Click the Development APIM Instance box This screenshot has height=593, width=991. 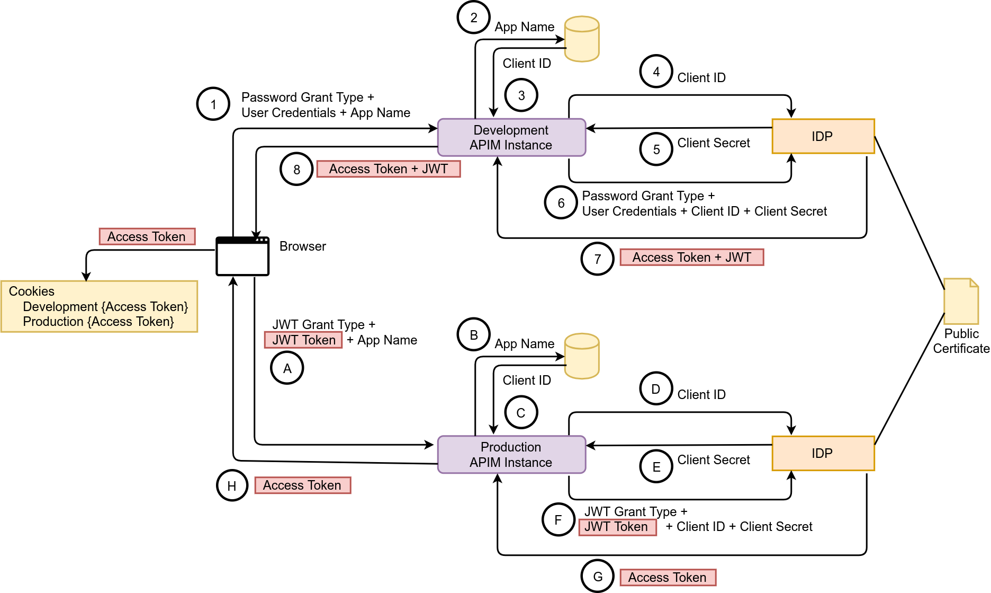(511, 137)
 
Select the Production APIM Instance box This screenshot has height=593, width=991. (511, 454)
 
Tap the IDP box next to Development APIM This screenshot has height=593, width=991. (823, 136)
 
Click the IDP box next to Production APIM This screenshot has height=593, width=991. (823, 453)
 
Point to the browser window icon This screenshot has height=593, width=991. (242, 256)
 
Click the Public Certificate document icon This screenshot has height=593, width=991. (961, 301)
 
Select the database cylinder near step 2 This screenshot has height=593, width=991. (582, 39)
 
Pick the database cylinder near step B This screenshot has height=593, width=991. (582, 356)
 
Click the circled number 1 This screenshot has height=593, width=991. (213, 104)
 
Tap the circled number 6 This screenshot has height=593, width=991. (561, 202)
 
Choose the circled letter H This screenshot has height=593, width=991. (232, 485)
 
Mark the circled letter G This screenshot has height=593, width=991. (598, 577)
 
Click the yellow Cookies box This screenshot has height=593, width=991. (100, 306)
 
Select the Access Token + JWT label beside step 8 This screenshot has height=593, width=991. (389, 169)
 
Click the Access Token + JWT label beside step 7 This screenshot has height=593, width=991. (691, 258)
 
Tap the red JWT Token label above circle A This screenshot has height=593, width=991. (303, 340)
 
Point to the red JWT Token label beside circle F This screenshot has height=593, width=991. (617, 527)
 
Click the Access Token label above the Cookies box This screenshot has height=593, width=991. (147, 236)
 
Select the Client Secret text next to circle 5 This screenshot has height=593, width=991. (713, 143)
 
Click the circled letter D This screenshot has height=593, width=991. (656, 388)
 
